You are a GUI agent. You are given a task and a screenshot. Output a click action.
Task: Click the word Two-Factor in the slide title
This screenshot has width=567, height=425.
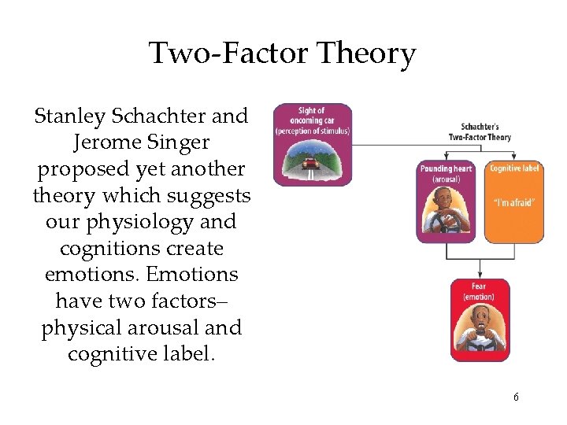click(x=228, y=54)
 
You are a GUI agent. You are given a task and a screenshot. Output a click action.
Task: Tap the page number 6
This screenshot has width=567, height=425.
click(x=516, y=397)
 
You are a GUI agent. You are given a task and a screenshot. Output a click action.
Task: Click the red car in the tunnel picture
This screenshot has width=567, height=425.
click(x=312, y=165)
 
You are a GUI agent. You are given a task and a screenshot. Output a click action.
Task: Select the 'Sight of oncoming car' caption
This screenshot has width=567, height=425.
click(x=312, y=120)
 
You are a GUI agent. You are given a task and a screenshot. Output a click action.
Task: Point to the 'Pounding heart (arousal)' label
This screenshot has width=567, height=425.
click(x=447, y=173)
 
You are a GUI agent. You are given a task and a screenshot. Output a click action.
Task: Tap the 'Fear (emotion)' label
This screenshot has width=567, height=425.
click(x=479, y=291)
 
